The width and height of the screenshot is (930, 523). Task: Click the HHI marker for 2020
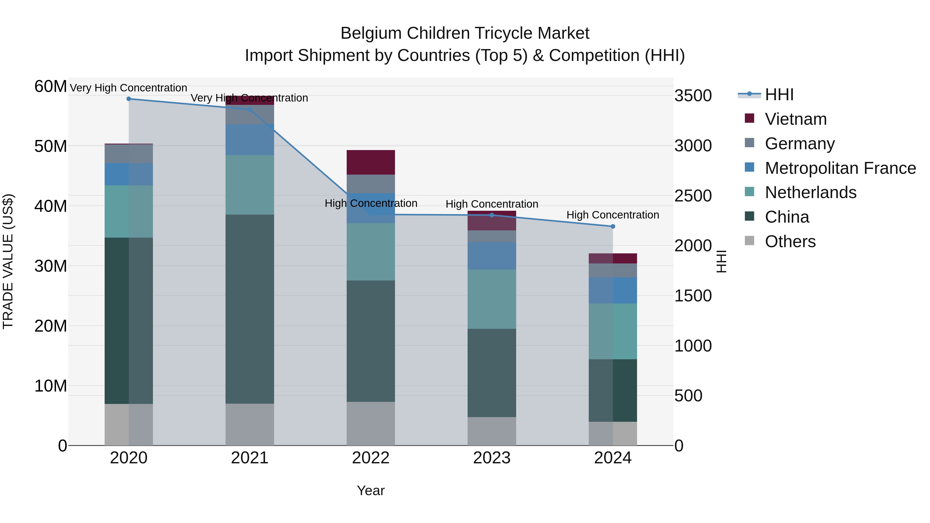129,99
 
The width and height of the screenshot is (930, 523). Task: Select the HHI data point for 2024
613,226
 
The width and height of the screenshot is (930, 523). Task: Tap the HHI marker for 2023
492,215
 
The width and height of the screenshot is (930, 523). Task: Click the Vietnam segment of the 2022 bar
371,162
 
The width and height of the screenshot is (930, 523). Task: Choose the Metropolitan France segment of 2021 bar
250,140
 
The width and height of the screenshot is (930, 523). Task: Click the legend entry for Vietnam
795,119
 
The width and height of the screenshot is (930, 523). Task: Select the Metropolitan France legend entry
840,168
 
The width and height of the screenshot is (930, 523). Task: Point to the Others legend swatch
749,241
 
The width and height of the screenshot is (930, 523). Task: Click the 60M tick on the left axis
51,87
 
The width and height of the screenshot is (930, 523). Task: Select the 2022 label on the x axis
371,458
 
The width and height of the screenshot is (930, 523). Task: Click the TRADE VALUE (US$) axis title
8,261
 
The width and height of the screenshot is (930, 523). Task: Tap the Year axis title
371,490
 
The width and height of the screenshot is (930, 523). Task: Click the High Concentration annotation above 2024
613,215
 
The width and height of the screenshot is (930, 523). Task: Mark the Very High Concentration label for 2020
129,88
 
